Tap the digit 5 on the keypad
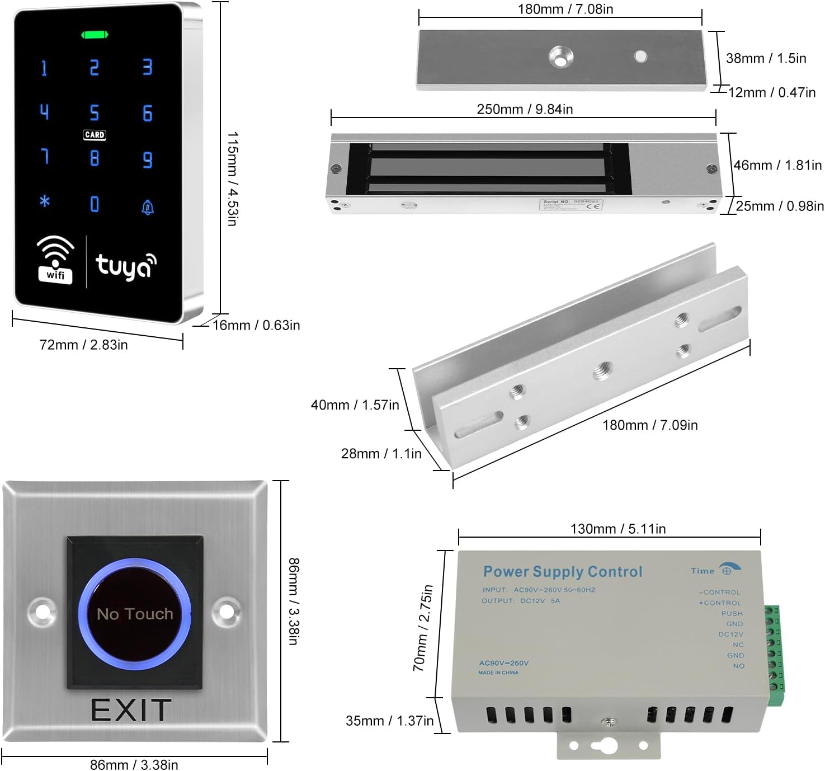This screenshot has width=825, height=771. click(95, 113)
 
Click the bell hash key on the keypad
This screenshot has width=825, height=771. click(148, 208)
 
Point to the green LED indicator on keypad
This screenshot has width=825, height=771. click(95, 35)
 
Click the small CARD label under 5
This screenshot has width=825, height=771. click(95, 135)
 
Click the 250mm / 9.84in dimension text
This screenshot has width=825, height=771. click(525, 109)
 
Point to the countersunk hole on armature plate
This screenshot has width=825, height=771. click(560, 57)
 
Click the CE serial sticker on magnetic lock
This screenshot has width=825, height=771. click(571, 204)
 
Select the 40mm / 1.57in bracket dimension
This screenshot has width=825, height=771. click(355, 405)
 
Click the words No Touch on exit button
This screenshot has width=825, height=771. click(135, 614)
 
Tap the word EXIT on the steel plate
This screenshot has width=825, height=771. click(131, 711)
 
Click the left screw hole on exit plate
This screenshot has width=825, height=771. click(43, 612)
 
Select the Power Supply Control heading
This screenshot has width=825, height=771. click(563, 572)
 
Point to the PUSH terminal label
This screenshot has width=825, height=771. click(732, 614)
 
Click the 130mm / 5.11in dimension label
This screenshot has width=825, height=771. click(617, 529)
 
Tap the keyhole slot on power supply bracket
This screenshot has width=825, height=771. click(606, 745)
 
